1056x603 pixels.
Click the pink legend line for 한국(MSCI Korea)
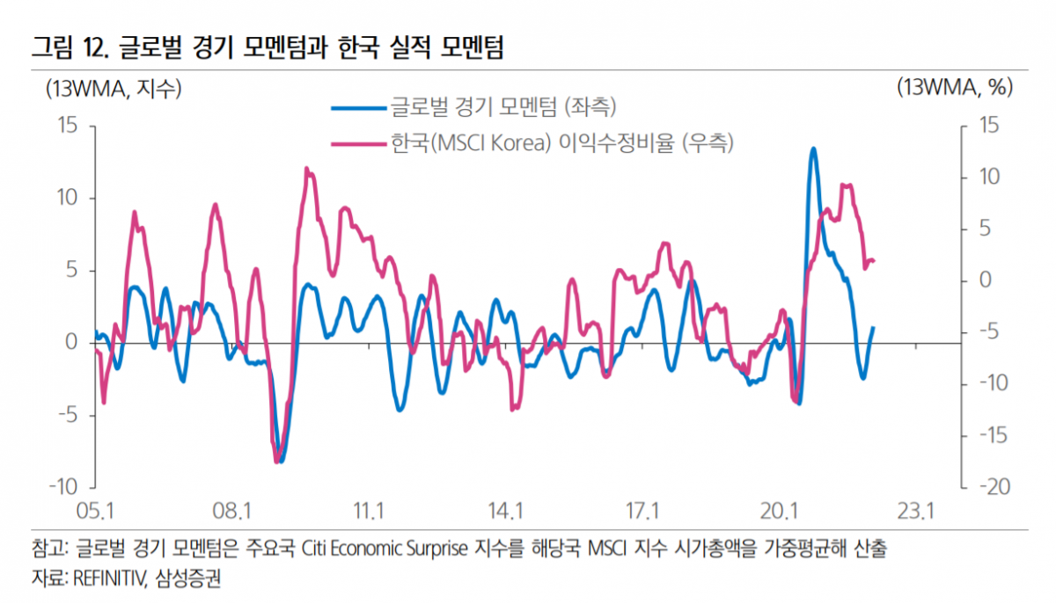click(358, 142)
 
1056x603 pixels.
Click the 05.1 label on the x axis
click(96, 511)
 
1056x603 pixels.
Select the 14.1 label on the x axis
click(505, 511)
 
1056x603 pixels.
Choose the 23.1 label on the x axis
click(914, 511)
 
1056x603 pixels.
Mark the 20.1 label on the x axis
click(778, 511)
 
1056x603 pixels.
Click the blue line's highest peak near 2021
click(813, 149)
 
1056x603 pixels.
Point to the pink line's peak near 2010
click(306, 168)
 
